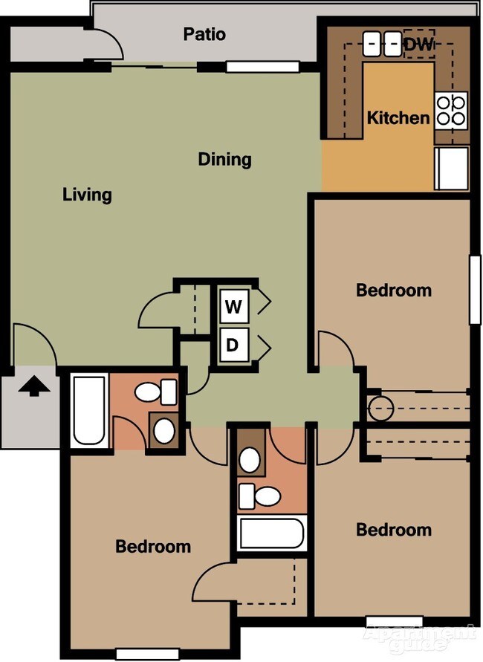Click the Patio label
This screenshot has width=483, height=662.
[x=204, y=34]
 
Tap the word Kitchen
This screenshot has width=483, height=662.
[x=398, y=117]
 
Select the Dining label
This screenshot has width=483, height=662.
[x=224, y=159]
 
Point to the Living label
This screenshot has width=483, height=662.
[x=87, y=195]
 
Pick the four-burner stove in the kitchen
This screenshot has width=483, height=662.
[x=451, y=109]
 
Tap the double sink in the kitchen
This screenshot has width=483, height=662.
[x=382, y=43]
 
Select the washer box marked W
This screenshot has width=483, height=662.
[x=233, y=306]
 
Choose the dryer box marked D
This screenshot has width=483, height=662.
[x=233, y=345]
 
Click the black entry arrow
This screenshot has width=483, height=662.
[x=33, y=386]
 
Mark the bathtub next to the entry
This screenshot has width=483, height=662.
[x=89, y=410]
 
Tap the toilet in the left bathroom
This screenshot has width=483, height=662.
[x=159, y=391]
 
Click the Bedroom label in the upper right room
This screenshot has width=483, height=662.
[x=393, y=289]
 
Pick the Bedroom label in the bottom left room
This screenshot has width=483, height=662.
[x=153, y=546]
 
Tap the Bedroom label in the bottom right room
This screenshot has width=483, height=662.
[x=393, y=529]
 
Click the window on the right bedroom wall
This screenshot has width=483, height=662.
[x=475, y=289]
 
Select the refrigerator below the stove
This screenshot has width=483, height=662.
[x=452, y=167]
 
